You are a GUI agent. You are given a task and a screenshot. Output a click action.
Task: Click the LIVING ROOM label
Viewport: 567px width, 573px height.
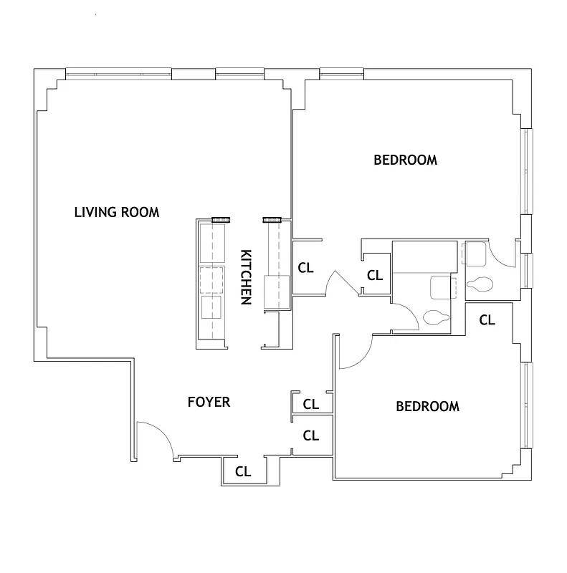point(117,212)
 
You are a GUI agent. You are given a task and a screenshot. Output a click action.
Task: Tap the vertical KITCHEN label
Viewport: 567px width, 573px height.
point(245,277)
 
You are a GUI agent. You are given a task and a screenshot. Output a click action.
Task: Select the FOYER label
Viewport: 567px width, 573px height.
point(209,402)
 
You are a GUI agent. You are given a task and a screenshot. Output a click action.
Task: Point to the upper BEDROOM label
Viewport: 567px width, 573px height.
point(405,160)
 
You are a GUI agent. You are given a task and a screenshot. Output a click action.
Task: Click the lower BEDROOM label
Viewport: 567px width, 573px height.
point(427,406)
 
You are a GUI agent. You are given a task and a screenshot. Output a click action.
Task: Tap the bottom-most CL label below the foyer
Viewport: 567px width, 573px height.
point(243,472)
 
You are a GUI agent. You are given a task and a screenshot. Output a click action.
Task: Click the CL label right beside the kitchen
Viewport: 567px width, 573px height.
point(305,268)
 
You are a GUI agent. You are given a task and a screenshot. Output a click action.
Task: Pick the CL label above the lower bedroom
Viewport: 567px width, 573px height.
point(487,319)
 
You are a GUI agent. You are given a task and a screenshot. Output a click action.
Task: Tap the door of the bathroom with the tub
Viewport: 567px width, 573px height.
point(406,316)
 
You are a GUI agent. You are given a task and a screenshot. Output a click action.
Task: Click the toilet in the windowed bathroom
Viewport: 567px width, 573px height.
point(479,285)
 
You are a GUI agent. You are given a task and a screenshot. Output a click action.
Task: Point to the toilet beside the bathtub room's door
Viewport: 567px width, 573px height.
point(435,316)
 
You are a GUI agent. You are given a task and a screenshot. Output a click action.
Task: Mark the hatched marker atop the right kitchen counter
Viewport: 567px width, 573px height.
point(272,220)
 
